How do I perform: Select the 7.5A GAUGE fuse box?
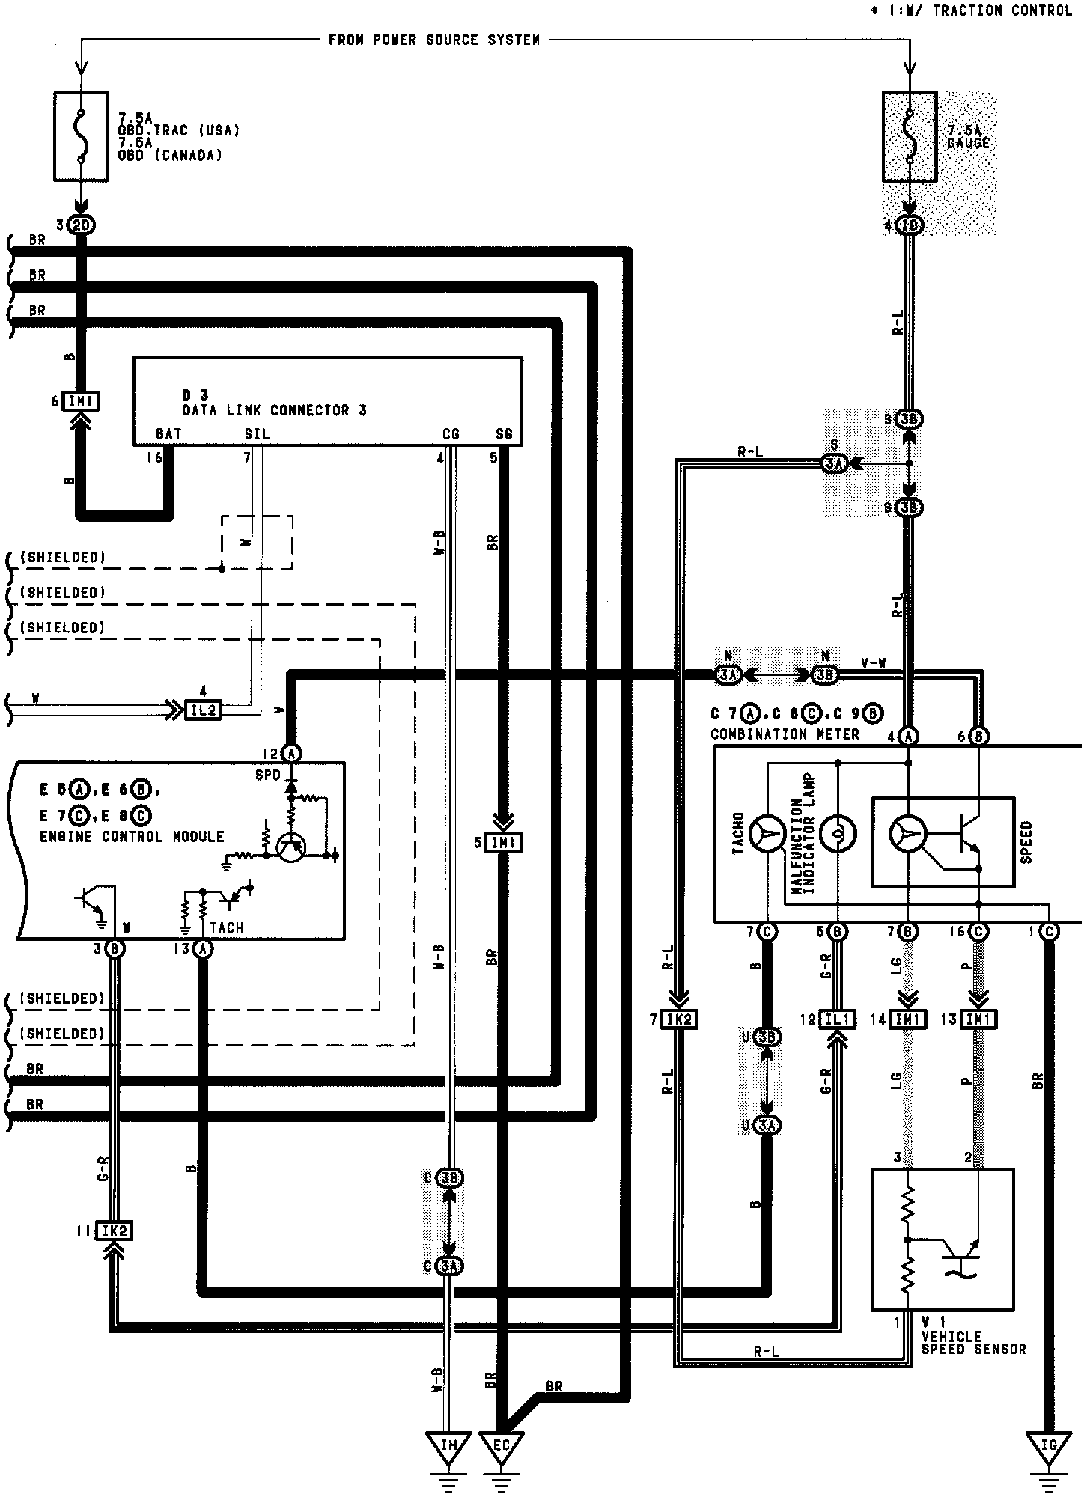tap(910, 136)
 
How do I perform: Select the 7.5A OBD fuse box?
tap(82, 136)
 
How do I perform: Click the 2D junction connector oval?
tap(82, 225)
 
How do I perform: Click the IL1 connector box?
tap(838, 1019)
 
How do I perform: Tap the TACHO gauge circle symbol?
tap(768, 833)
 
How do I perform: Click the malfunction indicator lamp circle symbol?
tap(838, 833)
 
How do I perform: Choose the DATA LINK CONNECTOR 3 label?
tap(274, 410)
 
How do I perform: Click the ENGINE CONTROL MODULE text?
tap(132, 836)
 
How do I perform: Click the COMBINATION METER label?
tap(785, 734)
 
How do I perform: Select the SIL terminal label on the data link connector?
tap(257, 434)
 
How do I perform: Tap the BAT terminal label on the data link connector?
tap(168, 434)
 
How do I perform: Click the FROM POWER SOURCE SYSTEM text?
tap(434, 40)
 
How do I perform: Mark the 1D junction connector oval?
tap(910, 225)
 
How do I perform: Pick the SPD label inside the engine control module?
tap(268, 775)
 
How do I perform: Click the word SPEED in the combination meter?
tap(1026, 842)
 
